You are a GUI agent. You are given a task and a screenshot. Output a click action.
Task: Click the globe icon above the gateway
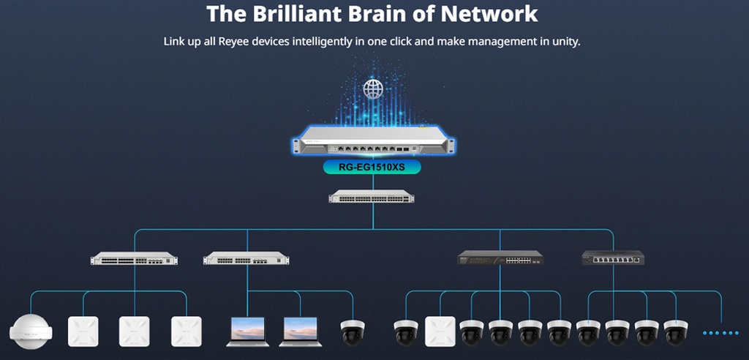(x=373, y=90)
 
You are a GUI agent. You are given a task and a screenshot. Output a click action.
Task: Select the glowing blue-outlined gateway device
(x=373, y=142)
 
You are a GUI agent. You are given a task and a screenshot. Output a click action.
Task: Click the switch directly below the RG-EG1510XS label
(x=373, y=196)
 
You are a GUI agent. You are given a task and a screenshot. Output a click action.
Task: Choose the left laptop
(x=248, y=331)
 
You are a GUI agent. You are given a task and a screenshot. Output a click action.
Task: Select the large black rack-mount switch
(x=501, y=258)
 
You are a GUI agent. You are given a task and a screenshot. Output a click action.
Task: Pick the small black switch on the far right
(x=613, y=257)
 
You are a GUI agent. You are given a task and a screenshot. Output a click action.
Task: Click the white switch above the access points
(x=134, y=258)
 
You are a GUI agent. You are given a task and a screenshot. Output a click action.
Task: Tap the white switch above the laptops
(x=246, y=258)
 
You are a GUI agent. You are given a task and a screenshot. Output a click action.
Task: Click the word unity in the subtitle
(x=563, y=41)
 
